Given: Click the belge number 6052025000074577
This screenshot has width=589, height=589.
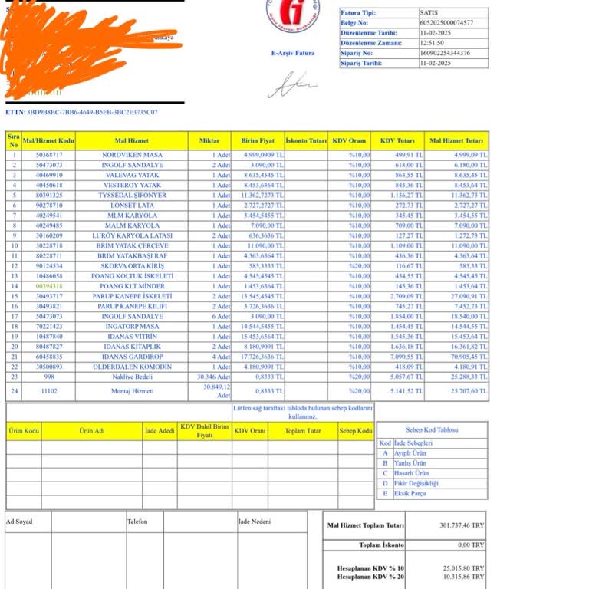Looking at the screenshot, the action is (x=447, y=23).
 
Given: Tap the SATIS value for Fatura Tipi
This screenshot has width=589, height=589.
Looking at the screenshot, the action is (x=429, y=13).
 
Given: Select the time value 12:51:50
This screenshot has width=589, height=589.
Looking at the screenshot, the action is (x=435, y=43).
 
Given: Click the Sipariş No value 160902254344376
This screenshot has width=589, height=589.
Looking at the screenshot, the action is (x=446, y=53).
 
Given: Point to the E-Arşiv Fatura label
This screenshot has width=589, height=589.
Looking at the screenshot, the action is (x=293, y=53).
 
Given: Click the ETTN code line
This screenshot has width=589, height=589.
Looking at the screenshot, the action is (x=81, y=112).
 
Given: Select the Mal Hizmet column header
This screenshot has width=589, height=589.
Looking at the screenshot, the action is (x=132, y=141).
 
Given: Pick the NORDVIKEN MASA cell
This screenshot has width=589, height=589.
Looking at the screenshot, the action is (x=132, y=155).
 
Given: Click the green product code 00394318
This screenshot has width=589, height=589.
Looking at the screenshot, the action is (x=49, y=286).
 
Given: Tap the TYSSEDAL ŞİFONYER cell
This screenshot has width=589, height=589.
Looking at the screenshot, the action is (x=132, y=195).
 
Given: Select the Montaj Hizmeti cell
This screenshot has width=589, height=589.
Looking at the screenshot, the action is (x=132, y=391).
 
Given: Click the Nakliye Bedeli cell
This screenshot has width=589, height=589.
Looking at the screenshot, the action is (x=132, y=377).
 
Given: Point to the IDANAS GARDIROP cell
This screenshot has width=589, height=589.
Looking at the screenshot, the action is (x=132, y=357).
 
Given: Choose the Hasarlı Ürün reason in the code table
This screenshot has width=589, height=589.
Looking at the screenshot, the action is (x=411, y=473).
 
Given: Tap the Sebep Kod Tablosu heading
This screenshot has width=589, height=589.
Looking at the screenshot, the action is (x=433, y=430).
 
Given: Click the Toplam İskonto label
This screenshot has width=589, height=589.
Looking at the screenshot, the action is (x=381, y=545).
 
